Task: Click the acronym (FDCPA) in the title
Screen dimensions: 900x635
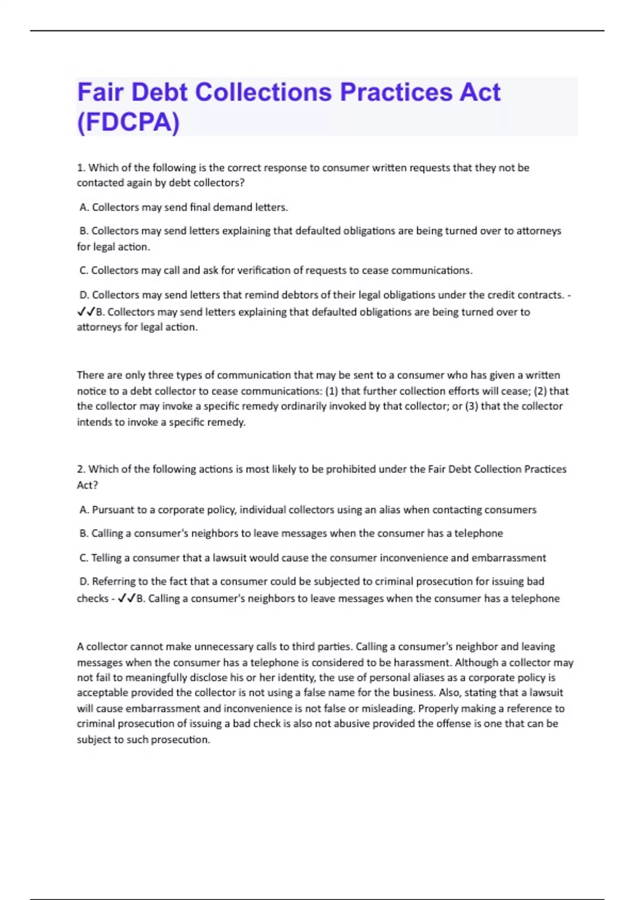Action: coord(129,122)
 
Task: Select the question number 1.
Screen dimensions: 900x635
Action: coord(81,168)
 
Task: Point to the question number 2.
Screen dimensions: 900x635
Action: coord(81,469)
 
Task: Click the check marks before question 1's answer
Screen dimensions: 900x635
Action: coord(86,312)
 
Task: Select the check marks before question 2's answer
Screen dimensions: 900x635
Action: coord(126,598)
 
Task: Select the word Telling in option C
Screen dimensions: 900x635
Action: coord(107,558)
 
